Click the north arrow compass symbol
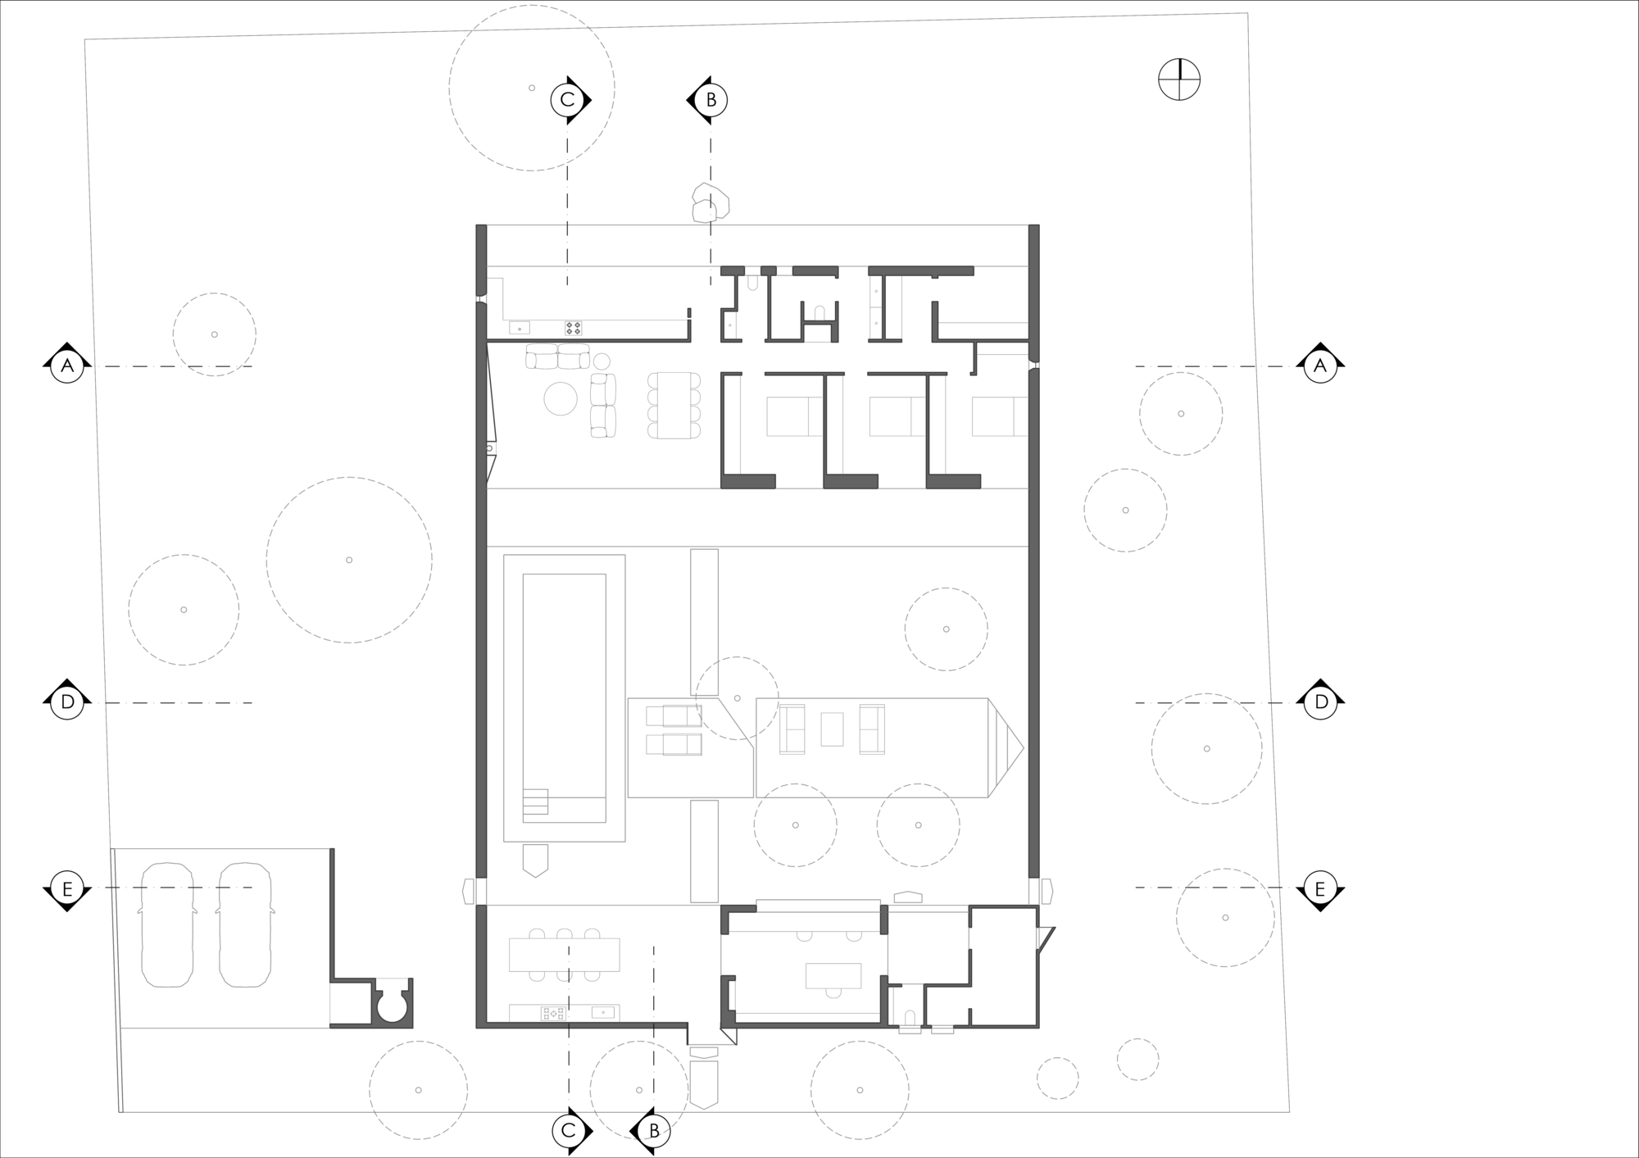click(1179, 80)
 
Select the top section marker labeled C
click(567, 99)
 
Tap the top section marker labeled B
click(711, 99)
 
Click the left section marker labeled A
click(67, 366)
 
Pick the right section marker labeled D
click(1320, 702)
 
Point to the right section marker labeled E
click(1319, 888)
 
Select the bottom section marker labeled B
click(653, 1131)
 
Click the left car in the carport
click(168, 924)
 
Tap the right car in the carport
click(245, 924)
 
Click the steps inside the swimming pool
click(535, 802)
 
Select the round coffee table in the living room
click(561, 399)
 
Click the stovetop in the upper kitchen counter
click(573, 328)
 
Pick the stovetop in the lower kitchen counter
click(553, 1014)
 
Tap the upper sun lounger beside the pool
click(674, 715)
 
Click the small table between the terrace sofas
click(832, 729)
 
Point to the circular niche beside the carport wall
click(392, 1005)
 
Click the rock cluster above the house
click(709, 202)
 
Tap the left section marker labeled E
click(67, 888)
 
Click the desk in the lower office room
click(833, 975)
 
